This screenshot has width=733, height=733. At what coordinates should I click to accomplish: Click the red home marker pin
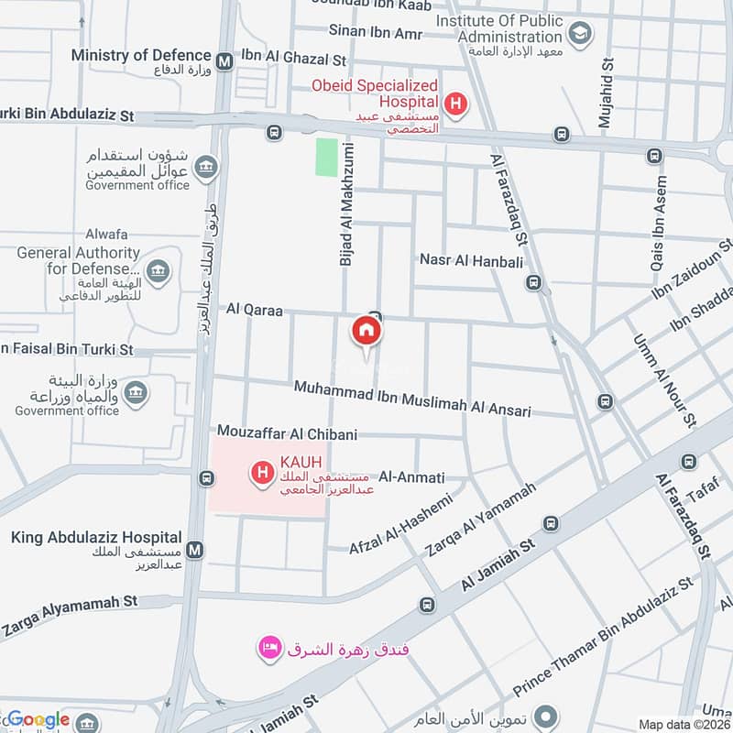(x=366, y=331)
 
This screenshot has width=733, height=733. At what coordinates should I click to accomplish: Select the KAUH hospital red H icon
(x=263, y=473)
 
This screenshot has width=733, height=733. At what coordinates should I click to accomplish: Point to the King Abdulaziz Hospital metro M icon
(x=194, y=550)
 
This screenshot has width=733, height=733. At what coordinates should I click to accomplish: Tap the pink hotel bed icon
(x=269, y=648)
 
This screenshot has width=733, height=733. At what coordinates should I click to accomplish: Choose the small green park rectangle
(x=326, y=157)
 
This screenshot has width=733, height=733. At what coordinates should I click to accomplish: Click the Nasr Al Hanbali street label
(x=471, y=261)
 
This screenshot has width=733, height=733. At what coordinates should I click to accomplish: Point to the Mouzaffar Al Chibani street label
(x=287, y=433)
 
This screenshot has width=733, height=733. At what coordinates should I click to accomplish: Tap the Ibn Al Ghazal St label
(x=293, y=60)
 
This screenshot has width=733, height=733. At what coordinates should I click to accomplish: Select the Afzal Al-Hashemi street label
(x=401, y=524)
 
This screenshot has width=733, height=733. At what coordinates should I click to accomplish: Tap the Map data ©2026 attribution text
(x=684, y=724)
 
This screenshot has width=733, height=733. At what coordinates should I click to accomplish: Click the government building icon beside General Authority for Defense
(x=158, y=270)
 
